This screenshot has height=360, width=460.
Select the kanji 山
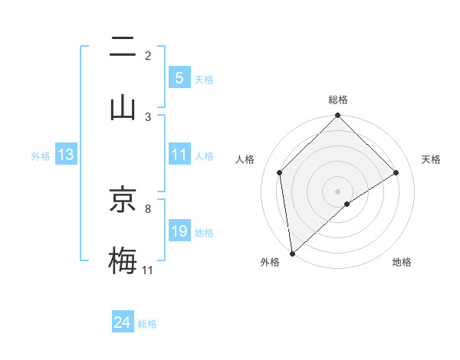[122, 106]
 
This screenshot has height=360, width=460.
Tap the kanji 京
[122, 201]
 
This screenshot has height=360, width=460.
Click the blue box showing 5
[179, 78]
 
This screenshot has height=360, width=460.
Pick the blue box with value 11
[179, 155]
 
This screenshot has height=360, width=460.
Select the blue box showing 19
[179, 231]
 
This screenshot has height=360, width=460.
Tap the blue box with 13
[66, 155]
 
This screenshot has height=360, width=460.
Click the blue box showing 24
[122, 322]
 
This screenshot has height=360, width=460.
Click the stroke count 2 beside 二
[148, 55]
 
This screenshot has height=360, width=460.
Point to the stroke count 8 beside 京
[148, 208]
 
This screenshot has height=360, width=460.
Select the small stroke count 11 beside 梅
[148, 270]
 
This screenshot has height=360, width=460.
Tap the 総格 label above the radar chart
[337, 100]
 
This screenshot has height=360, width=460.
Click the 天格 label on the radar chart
[431, 159]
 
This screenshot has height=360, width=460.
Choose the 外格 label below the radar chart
[270, 263]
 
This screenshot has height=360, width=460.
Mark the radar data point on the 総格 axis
[337, 116]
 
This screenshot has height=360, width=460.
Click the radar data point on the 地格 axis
[347, 204]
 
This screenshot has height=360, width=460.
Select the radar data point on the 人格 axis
[280, 172]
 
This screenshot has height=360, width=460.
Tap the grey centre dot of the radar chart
[337, 191]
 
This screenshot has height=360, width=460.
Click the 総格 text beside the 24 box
[148, 324]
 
